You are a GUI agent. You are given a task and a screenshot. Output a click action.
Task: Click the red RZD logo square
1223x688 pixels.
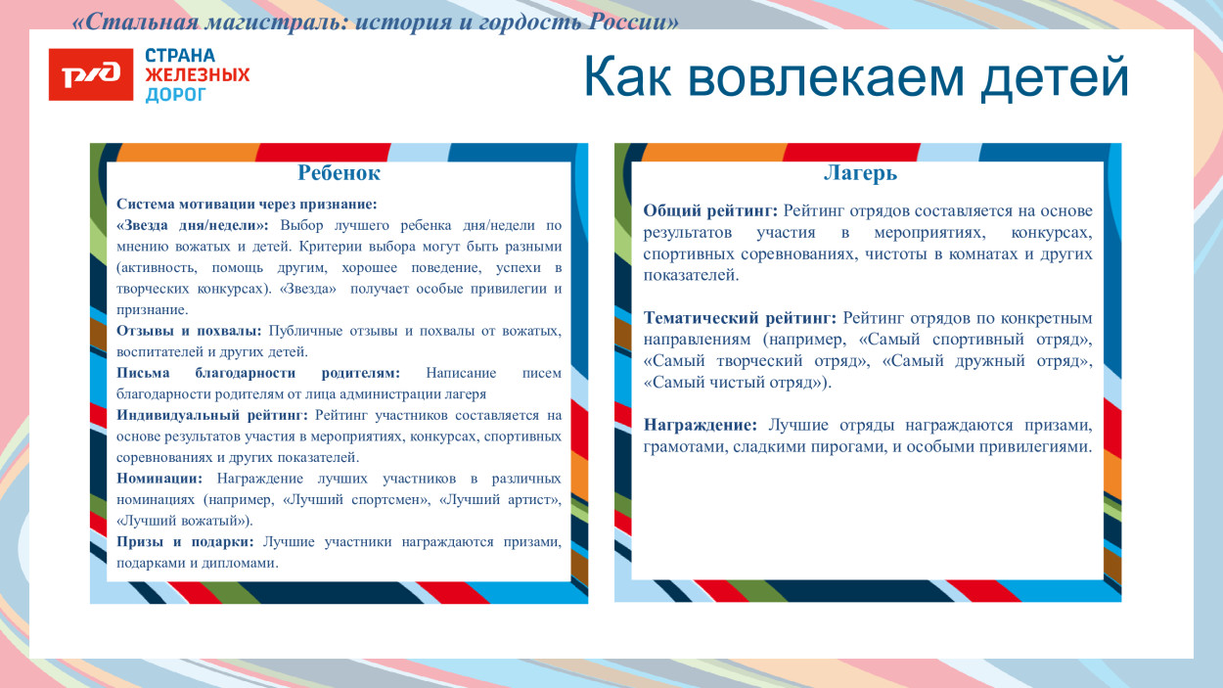click(x=90, y=74)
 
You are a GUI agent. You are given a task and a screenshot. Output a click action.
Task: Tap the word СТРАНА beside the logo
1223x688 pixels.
click(x=180, y=56)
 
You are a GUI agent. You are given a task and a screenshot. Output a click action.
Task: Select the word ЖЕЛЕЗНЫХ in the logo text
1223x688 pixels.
click(x=198, y=75)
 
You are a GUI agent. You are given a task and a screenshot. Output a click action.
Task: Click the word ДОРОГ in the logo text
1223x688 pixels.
click(x=176, y=95)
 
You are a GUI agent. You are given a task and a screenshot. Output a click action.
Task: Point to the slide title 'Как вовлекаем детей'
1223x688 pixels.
click(x=856, y=77)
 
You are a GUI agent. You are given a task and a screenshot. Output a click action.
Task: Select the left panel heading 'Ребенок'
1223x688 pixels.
click(x=339, y=173)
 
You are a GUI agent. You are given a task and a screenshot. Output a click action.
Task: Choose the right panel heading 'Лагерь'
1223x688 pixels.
click(x=860, y=173)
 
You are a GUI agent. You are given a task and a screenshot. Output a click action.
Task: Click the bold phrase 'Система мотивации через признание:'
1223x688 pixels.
click(x=247, y=205)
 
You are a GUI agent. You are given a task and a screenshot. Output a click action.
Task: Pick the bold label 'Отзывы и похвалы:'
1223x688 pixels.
click(x=189, y=331)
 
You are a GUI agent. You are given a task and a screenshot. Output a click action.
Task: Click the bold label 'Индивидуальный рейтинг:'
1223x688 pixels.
click(x=212, y=415)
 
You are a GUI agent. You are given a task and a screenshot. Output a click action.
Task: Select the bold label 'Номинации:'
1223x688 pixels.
click(x=159, y=479)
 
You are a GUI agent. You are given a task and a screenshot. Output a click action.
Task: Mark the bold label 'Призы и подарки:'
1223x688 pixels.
click(x=185, y=542)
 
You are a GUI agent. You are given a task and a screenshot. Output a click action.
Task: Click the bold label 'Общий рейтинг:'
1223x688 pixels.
click(x=710, y=211)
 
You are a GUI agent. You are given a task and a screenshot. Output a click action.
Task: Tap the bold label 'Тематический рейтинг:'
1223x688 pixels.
click(x=740, y=318)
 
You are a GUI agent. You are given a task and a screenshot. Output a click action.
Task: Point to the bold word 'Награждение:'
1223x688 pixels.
click(x=700, y=425)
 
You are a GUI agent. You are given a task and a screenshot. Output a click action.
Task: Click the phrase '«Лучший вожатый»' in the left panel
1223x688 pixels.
click(x=182, y=521)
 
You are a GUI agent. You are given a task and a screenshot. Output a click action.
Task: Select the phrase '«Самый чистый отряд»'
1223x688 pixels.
click(x=734, y=383)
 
